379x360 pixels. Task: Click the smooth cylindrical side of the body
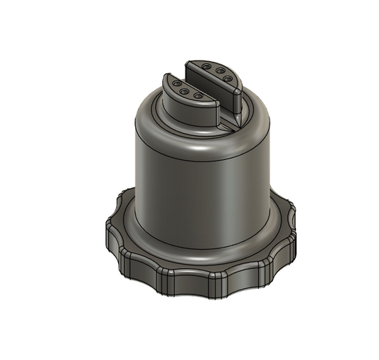point(199,192)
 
